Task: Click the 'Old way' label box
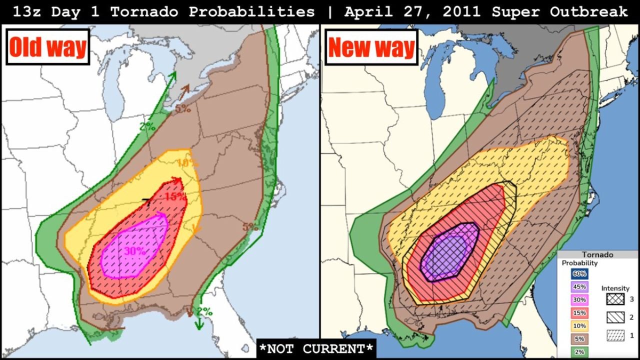tap(47, 47)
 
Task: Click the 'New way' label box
tap(371, 47)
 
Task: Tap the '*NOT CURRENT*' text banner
tap(316, 348)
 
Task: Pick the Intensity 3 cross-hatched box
tap(615, 299)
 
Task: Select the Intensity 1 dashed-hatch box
tap(615, 335)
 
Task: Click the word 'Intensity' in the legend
tap(615, 288)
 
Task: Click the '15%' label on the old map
tap(175, 197)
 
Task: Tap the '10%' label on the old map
tap(187, 163)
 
